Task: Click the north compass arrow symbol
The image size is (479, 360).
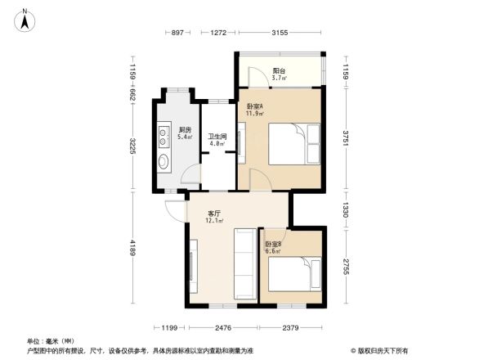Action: click(25, 19)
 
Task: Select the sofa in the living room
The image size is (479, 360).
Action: click(244, 263)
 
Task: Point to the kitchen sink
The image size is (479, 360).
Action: click(163, 160)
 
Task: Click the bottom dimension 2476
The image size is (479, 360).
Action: click(223, 328)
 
